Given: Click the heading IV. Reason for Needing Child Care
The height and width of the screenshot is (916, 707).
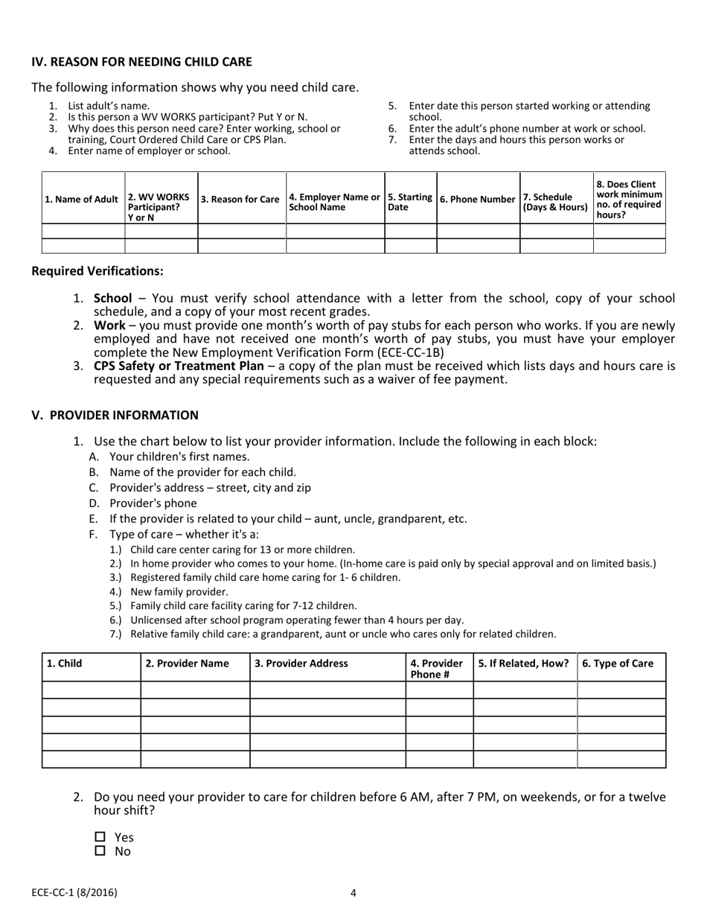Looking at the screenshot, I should [x=141, y=62].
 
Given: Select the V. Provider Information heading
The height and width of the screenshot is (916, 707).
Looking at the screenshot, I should [x=115, y=415].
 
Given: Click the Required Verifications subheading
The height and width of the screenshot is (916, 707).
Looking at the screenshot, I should [x=97, y=271].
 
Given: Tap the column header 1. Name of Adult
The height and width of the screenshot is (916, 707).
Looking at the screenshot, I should [x=82, y=199].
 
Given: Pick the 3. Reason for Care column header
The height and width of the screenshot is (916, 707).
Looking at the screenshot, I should [x=240, y=199].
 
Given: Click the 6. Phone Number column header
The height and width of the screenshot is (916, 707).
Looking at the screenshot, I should [x=477, y=199].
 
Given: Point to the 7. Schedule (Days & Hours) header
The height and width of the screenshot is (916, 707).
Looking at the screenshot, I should [x=555, y=202].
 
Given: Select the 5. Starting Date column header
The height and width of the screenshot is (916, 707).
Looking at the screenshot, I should [x=410, y=202].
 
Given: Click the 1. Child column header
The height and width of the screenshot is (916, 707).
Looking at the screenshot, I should [x=65, y=664].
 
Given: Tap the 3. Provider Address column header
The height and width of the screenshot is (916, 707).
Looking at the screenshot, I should [x=301, y=664].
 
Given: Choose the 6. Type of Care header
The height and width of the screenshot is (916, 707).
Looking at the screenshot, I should [x=618, y=664].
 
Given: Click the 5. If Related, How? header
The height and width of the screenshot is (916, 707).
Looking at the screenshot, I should [x=524, y=664].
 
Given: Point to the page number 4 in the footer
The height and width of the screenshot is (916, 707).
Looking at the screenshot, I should [x=353, y=893].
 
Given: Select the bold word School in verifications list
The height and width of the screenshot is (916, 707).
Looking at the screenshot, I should [x=112, y=298].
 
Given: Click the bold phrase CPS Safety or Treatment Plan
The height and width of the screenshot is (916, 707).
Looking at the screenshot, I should [x=178, y=366].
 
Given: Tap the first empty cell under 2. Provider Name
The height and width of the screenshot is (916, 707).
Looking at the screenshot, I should [x=195, y=690].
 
